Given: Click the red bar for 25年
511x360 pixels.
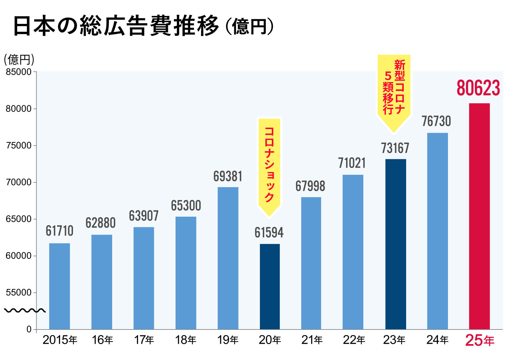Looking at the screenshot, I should click(x=479, y=216).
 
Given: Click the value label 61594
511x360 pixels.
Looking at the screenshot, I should click(x=269, y=233).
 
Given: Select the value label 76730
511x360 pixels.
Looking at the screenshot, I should click(x=436, y=121).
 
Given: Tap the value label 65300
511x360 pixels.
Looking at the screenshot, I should click(x=186, y=206).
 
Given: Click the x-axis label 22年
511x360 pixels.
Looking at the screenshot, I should click(x=354, y=340).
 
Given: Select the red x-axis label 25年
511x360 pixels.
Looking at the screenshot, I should click(x=480, y=340).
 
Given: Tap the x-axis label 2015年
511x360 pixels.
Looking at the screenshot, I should click(x=60, y=340).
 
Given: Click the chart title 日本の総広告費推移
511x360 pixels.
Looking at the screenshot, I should click(x=116, y=26).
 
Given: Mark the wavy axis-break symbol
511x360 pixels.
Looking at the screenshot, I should click(x=25, y=311).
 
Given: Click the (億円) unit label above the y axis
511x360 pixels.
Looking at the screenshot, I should click(x=19, y=60).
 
